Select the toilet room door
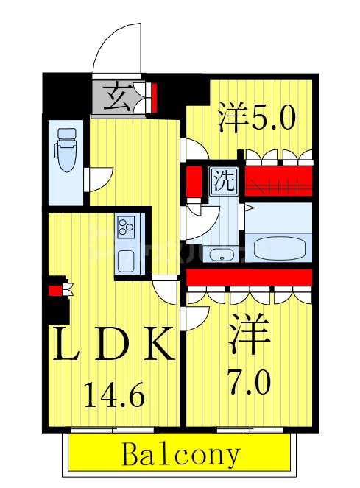[99, 179]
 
